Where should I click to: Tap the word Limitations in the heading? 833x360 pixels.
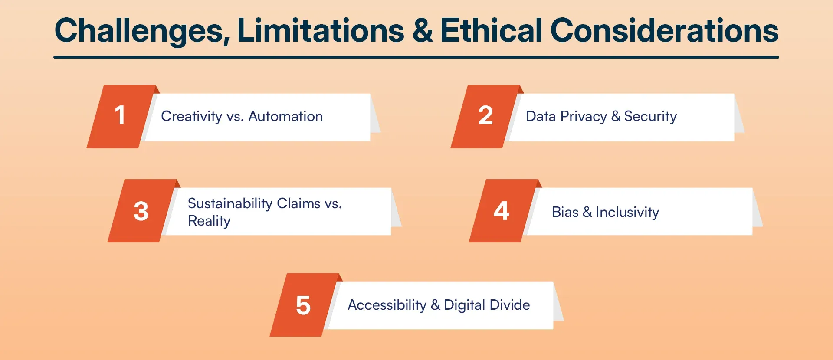pyautogui.click(x=321, y=31)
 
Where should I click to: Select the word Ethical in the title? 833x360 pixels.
pyautogui.click(x=491, y=31)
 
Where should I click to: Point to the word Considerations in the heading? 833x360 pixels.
pyautogui.click(x=664, y=31)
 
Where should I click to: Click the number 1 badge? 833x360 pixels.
pyautogui.click(x=120, y=116)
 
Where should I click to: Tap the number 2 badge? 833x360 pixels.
pyautogui.click(x=485, y=116)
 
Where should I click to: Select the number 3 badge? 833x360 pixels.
pyautogui.click(x=141, y=211)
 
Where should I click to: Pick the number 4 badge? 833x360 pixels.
pyautogui.click(x=502, y=211)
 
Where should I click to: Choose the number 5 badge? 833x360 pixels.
pyautogui.click(x=303, y=305)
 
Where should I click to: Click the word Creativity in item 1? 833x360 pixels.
pyautogui.click(x=191, y=116)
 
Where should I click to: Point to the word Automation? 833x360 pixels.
pyautogui.click(x=285, y=116)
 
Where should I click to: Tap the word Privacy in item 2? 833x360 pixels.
pyautogui.click(x=584, y=116)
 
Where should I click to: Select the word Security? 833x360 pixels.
pyautogui.click(x=650, y=116)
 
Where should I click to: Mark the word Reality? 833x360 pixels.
pyautogui.click(x=209, y=221)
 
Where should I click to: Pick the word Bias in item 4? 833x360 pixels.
pyautogui.click(x=565, y=212)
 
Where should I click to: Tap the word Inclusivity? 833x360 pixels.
pyautogui.click(x=627, y=212)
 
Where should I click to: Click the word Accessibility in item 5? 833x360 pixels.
pyautogui.click(x=387, y=305)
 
